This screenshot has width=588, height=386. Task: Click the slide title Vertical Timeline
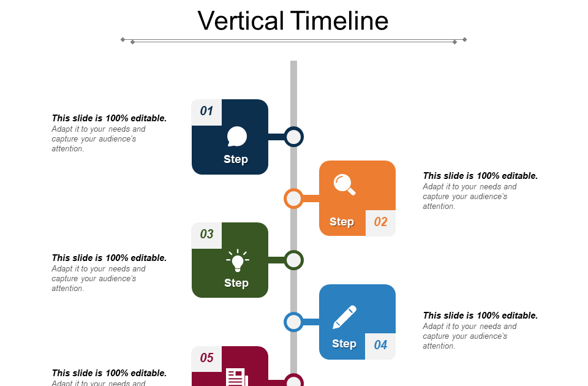coord(293,21)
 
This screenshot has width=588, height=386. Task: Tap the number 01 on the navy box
coord(206,111)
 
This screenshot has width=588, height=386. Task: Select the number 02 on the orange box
coord(380,222)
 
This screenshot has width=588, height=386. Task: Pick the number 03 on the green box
coord(206,234)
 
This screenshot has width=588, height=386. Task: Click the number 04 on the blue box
coord(380,345)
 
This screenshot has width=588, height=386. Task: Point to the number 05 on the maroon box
coord(206,358)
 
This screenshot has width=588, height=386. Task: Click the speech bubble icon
coord(236,137)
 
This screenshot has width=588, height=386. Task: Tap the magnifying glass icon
coord(344,184)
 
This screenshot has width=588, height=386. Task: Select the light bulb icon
coord(237,260)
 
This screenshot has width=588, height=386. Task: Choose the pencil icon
coord(345,317)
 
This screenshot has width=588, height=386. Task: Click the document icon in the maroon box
coord(236,377)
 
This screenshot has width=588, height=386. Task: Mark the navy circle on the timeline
coord(294,137)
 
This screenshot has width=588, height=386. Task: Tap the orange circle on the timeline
coord(294,199)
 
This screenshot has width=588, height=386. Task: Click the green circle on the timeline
coord(294,260)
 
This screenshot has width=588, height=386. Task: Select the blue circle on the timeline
coord(294,322)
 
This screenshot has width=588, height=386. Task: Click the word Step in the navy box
coord(236,159)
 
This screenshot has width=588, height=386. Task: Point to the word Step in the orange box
coord(342,222)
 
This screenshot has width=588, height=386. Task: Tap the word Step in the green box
coord(236,283)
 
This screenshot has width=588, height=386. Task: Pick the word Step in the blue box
coord(344,344)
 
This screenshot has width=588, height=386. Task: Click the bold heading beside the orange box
coord(480,176)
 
